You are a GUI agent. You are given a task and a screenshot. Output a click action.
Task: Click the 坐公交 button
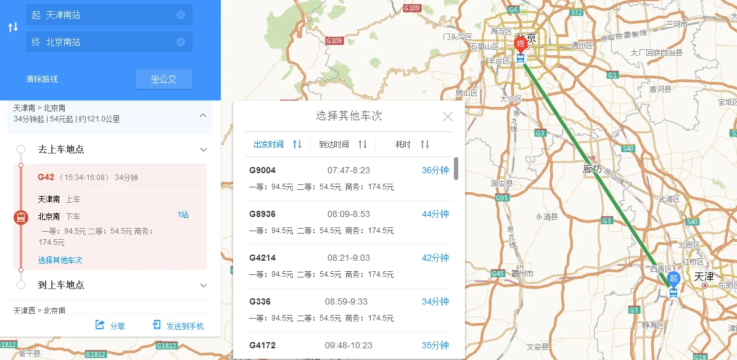click(x=163, y=79)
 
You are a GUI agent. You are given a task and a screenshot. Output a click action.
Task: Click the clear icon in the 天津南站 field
click(x=181, y=15)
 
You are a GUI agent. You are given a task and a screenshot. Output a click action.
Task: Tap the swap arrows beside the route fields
click(x=12, y=27)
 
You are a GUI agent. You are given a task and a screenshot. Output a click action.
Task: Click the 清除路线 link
click(x=42, y=79)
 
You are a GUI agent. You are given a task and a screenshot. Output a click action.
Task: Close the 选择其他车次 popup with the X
click(x=448, y=117)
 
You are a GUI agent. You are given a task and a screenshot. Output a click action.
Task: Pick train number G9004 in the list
click(x=262, y=170)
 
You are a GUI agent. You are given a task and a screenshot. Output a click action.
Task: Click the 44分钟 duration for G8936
click(x=435, y=214)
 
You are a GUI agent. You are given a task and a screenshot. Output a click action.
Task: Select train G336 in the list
click(x=260, y=301)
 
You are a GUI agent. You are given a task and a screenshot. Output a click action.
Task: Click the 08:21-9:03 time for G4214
click(x=348, y=258)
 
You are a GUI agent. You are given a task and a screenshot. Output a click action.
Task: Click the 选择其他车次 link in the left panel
click(x=60, y=260)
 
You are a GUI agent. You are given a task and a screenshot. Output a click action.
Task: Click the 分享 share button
click(x=110, y=326)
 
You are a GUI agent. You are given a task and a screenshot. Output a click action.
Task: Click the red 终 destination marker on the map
click(x=521, y=44)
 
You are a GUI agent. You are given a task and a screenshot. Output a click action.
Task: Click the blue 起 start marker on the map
click(x=673, y=279)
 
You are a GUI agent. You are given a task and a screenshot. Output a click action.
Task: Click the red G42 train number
click(x=46, y=177)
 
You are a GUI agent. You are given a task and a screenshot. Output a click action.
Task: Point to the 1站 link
click(x=183, y=215)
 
